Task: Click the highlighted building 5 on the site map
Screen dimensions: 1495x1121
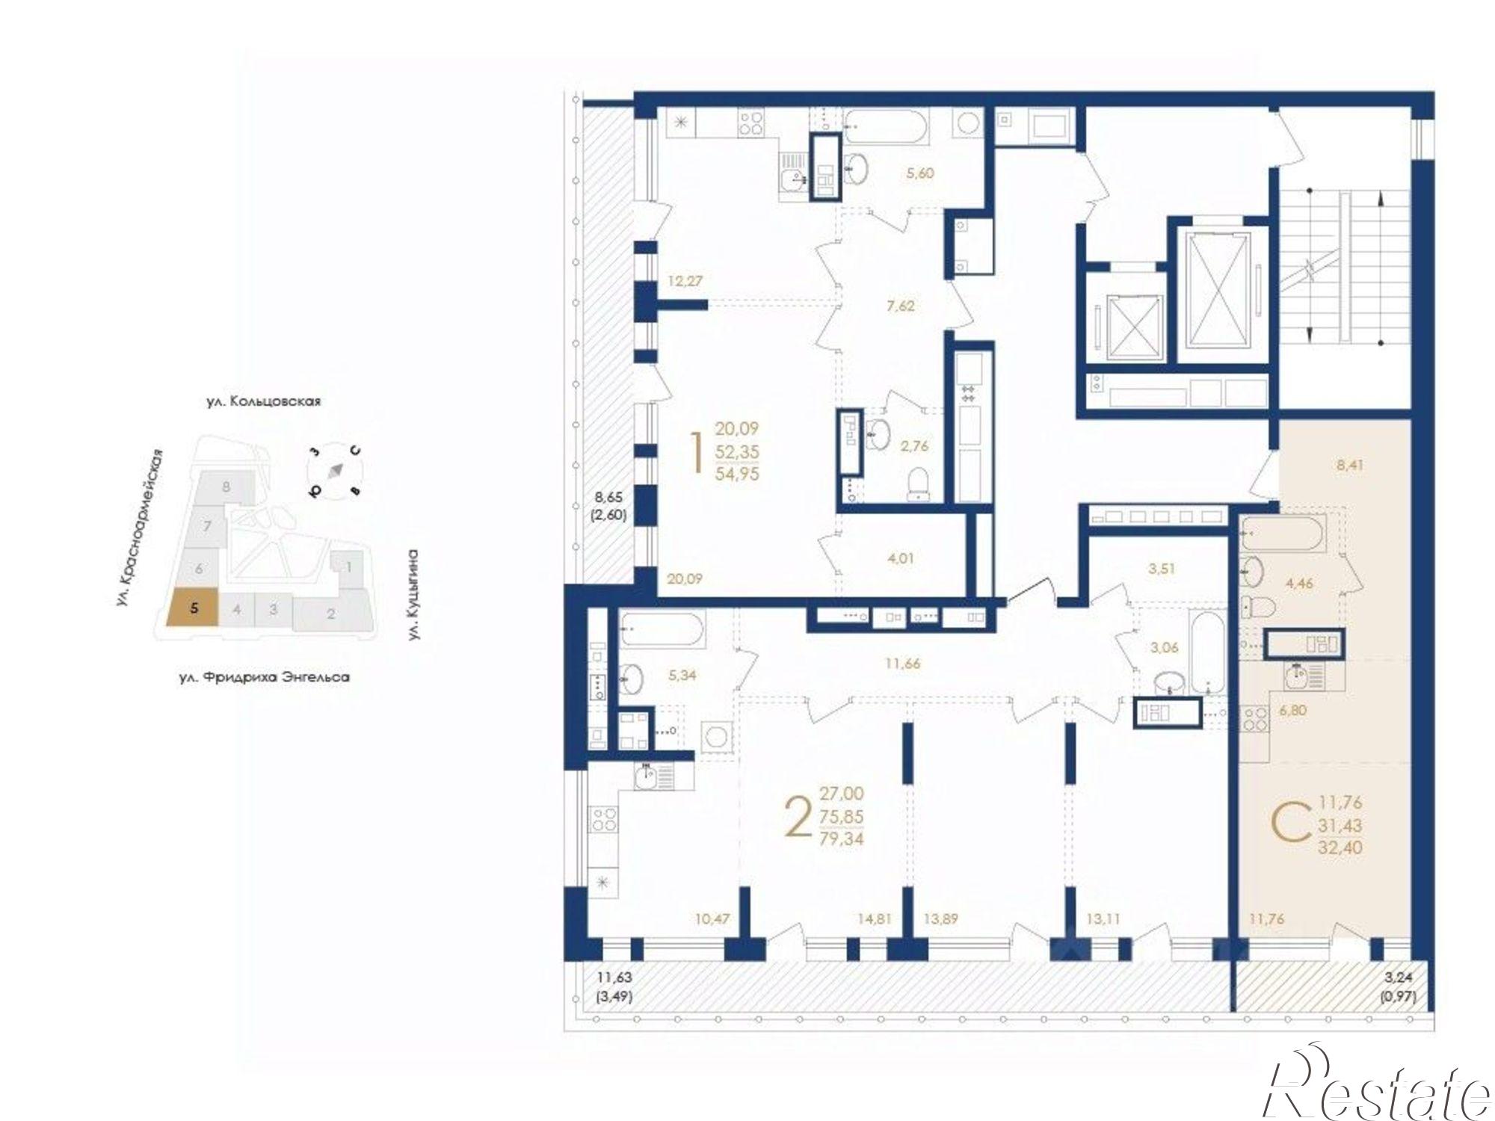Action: point(192,607)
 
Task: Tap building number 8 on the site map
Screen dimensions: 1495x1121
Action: point(226,487)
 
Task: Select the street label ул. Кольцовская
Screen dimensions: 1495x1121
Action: point(264,401)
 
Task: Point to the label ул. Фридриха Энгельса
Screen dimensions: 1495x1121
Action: point(265,678)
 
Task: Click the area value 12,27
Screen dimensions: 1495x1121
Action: point(685,282)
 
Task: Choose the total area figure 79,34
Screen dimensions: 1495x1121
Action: point(842,839)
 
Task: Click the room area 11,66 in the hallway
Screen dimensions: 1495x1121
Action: point(901,663)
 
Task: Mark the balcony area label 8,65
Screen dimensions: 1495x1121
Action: point(608,496)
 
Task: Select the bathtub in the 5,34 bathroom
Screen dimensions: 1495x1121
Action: point(662,632)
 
